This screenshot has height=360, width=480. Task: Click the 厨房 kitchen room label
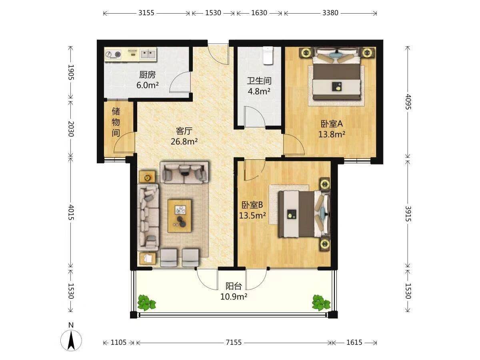[147, 75]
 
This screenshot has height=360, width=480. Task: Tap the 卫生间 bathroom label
[259, 81]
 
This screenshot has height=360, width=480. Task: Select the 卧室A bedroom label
[332, 124]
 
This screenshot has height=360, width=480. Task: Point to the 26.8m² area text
[184, 142]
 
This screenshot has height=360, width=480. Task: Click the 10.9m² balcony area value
[234, 297]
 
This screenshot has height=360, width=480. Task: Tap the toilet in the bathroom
[268, 56]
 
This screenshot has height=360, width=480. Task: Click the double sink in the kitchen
[148, 54]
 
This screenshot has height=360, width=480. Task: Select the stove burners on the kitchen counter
[113, 54]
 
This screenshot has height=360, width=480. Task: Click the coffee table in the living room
[180, 216]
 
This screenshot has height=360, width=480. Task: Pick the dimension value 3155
[146, 13]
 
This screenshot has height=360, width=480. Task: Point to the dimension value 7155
[234, 342]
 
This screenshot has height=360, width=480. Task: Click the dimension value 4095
[408, 102]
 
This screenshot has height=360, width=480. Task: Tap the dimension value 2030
[71, 129]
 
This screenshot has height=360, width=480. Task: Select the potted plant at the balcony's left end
[146, 302]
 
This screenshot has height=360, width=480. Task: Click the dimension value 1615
[354, 342]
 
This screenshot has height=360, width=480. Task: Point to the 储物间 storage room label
[116, 122]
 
